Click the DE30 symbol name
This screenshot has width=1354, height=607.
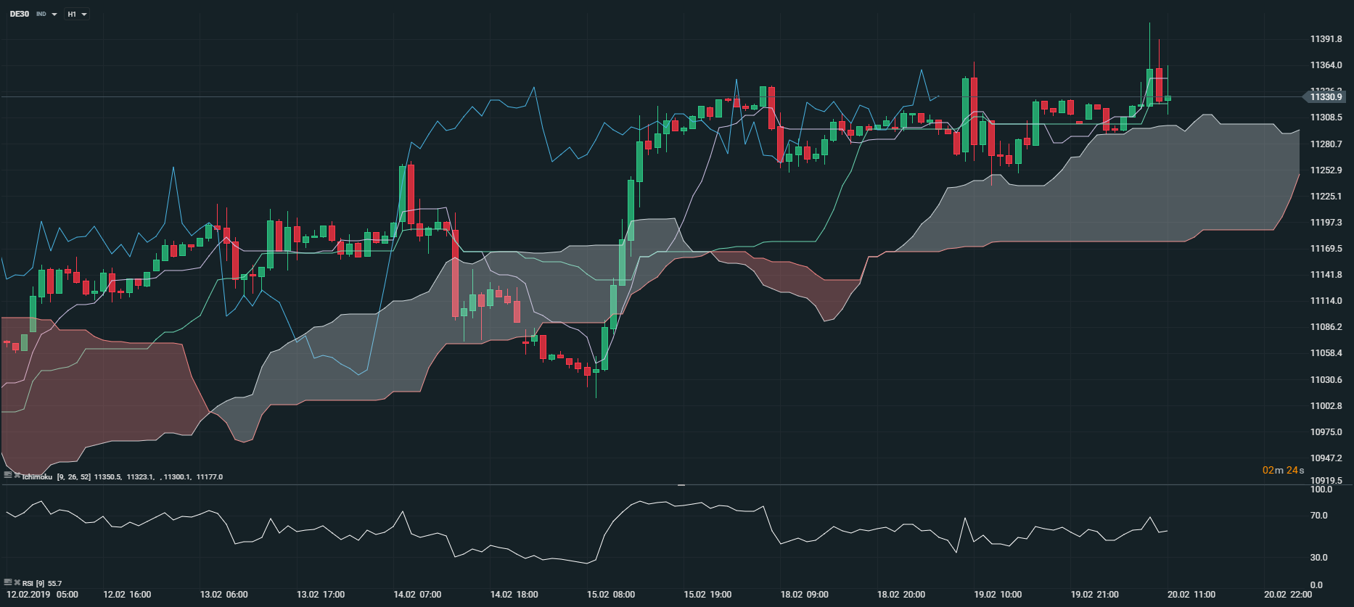20,14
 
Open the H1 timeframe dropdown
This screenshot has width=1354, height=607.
76,15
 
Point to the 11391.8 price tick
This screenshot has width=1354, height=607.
1326,39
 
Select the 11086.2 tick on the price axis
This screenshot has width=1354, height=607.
1326,327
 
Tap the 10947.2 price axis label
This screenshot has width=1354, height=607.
1326,458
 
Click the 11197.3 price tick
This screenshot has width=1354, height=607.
1326,223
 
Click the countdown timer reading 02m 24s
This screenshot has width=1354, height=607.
1283,470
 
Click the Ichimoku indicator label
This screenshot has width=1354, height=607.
37,477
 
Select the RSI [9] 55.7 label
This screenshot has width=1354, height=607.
41,583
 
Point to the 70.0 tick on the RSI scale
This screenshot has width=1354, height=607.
1318,516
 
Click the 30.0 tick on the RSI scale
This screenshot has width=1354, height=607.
1318,558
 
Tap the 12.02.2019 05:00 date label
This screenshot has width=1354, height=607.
42,595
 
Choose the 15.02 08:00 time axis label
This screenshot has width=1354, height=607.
610,595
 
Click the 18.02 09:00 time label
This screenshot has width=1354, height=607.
804,595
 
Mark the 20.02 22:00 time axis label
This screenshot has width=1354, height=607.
1287,595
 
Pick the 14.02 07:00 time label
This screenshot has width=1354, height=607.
417,595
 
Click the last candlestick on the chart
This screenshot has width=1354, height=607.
1168,99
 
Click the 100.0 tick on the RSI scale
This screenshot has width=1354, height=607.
1321,490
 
